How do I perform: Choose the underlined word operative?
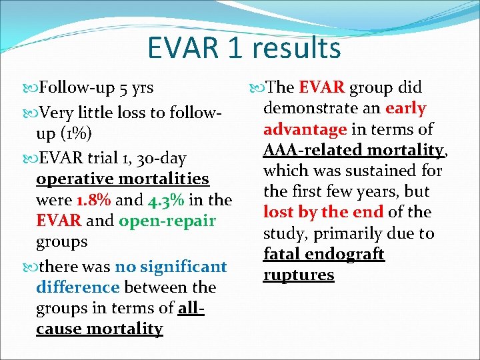click(75, 179)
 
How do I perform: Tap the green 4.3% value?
click(162, 200)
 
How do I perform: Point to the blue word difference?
click(78, 288)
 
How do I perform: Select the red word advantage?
click(305, 129)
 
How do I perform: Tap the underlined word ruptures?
click(298, 275)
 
